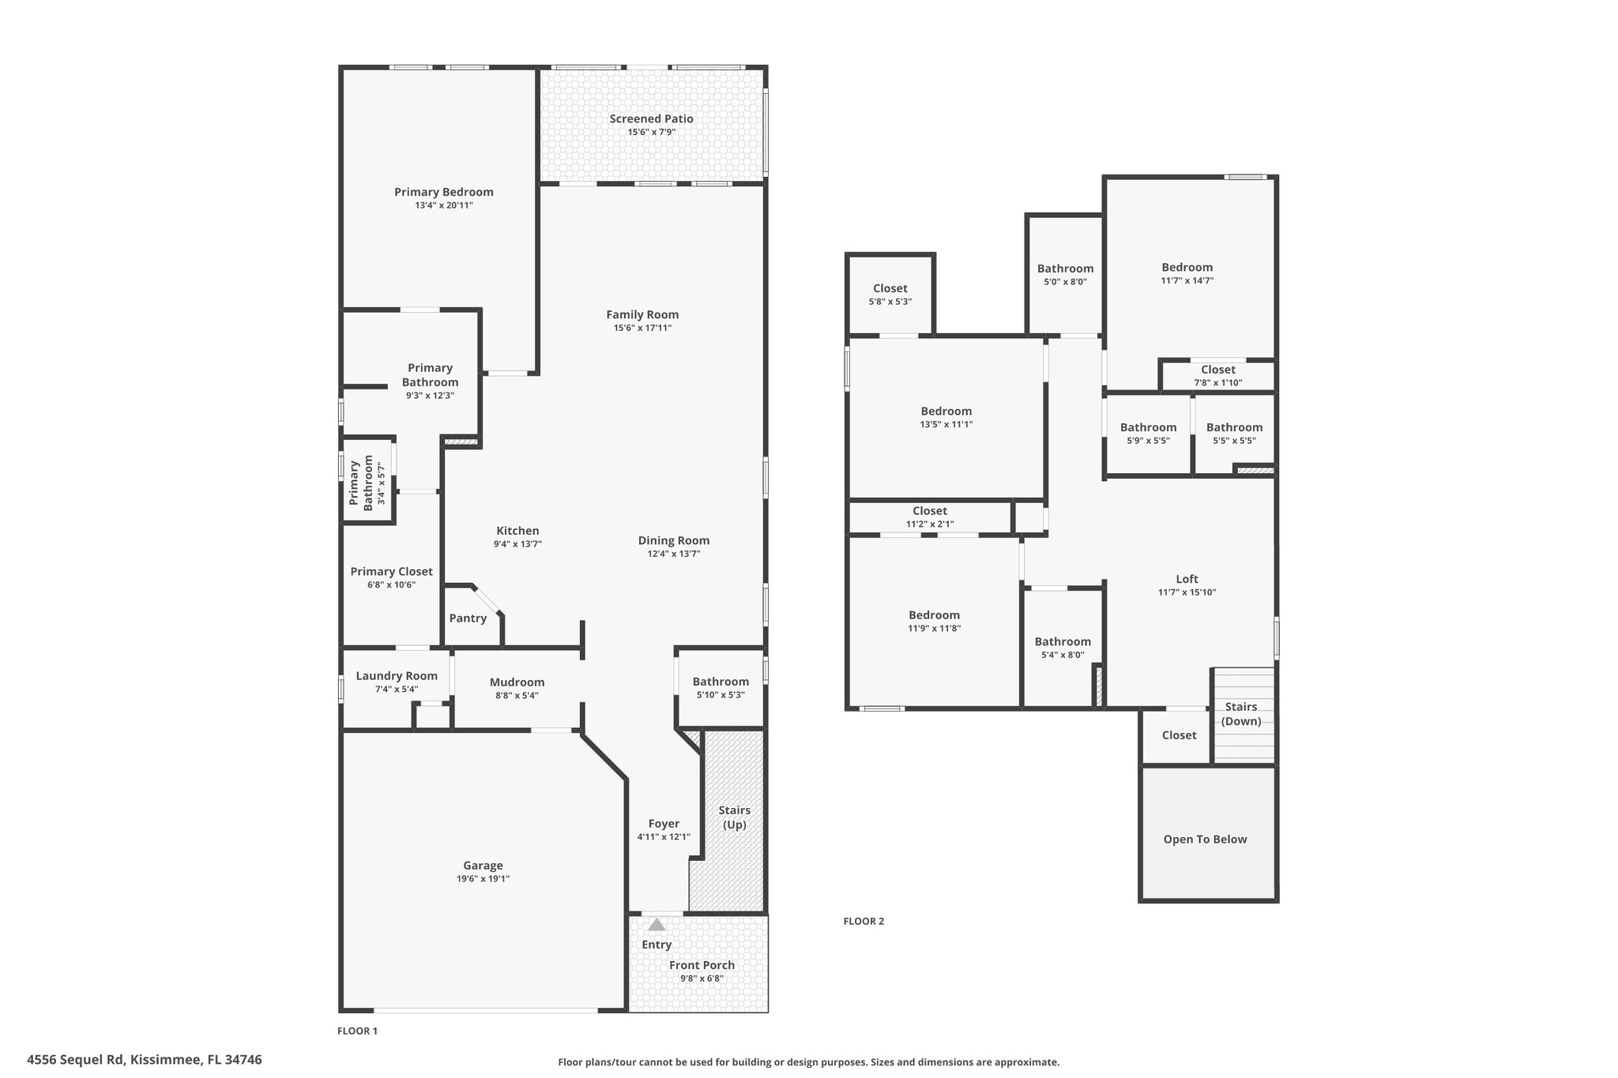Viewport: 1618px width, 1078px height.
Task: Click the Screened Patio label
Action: tap(651, 118)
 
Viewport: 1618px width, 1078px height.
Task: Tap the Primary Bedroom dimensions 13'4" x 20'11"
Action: tap(444, 205)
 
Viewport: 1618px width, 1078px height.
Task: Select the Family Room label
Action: tap(642, 314)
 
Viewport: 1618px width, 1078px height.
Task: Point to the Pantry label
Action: tap(468, 618)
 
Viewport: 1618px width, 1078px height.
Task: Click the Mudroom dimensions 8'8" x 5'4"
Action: tap(517, 696)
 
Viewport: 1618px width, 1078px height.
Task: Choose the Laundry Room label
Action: tap(397, 675)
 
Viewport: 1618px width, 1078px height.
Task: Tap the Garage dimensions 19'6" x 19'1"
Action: tap(483, 879)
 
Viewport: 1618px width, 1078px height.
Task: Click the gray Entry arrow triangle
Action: tap(657, 925)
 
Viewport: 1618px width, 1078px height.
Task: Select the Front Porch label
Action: tap(702, 965)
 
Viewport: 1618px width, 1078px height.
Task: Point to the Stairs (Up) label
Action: tap(734, 818)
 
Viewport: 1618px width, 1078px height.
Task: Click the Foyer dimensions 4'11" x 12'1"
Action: tap(664, 837)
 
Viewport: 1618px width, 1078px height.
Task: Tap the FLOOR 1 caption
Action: tap(358, 1031)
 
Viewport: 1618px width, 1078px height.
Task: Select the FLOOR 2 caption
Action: tap(864, 921)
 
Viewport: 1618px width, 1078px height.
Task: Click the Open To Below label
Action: tap(1205, 839)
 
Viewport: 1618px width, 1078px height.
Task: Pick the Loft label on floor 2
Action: tap(1187, 579)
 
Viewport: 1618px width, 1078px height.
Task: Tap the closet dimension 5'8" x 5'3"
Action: tap(890, 302)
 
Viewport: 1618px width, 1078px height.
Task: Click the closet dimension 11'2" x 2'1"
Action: tap(930, 524)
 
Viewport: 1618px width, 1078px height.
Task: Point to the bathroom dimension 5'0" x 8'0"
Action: tap(1065, 282)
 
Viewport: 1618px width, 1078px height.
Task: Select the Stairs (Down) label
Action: tap(1241, 714)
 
